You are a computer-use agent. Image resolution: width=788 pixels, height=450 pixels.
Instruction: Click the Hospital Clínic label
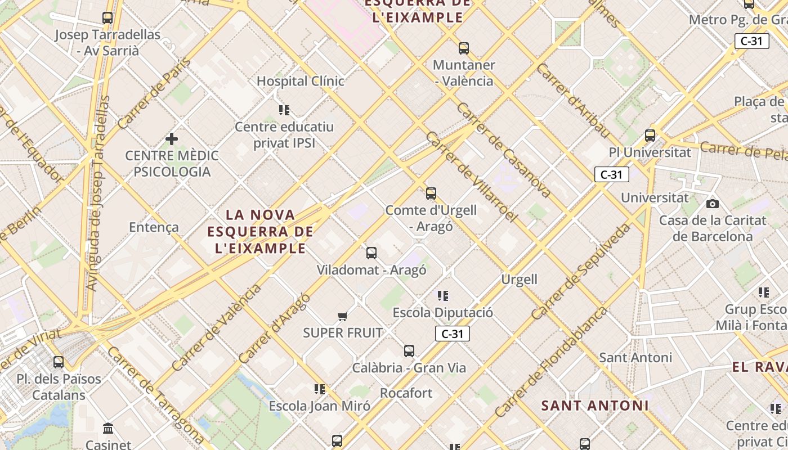click(300, 81)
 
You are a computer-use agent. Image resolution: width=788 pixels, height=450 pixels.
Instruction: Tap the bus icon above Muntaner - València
click(464, 48)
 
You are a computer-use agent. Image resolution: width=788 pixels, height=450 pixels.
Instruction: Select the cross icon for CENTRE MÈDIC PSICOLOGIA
click(172, 138)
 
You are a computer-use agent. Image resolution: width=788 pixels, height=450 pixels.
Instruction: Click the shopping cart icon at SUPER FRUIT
click(342, 317)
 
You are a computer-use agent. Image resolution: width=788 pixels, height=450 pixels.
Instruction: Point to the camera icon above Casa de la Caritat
click(713, 204)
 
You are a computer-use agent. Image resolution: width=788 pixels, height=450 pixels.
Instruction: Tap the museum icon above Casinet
click(108, 429)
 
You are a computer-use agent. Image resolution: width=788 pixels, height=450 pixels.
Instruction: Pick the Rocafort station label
click(406, 393)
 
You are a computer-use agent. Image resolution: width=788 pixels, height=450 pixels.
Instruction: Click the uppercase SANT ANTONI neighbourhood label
click(595, 406)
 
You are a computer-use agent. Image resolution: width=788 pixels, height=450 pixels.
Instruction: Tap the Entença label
click(154, 227)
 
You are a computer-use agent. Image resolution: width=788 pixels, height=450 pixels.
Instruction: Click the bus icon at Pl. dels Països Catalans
click(59, 362)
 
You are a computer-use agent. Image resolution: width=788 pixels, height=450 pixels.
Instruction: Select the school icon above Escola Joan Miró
click(320, 389)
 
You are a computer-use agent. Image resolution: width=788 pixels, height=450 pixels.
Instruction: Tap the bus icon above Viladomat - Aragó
click(371, 253)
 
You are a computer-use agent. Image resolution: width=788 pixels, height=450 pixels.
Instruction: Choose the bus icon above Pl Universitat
click(650, 136)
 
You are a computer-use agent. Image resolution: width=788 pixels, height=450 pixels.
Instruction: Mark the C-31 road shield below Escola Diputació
click(452, 334)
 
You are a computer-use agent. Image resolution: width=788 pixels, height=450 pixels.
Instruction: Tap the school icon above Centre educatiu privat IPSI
click(284, 110)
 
